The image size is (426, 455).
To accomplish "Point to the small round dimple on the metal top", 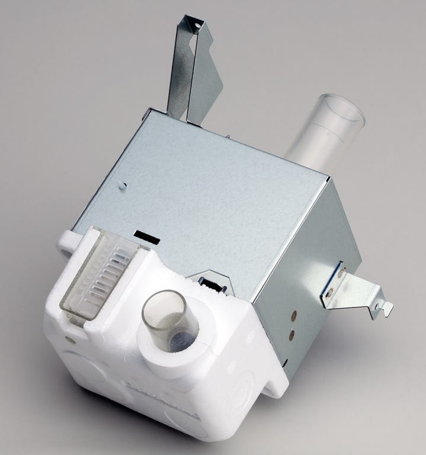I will (x=122, y=185).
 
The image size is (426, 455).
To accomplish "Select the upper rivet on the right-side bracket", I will (x=340, y=273).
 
